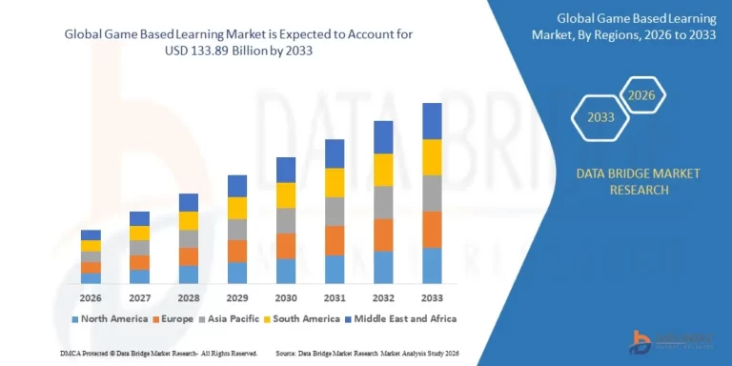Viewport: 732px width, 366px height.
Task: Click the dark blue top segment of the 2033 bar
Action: click(432, 121)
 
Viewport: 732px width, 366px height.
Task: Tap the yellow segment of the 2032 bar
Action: click(383, 170)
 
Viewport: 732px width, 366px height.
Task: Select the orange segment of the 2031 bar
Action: click(335, 240)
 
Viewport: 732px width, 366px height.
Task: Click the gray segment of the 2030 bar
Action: click(285, 220)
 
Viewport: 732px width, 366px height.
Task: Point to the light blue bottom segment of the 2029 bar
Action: click(236, 273)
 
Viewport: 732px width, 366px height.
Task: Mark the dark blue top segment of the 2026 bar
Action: click(91, 234)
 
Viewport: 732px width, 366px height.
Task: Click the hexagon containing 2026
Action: click(640, 95)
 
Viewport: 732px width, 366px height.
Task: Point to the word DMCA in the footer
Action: click(20, 353)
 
